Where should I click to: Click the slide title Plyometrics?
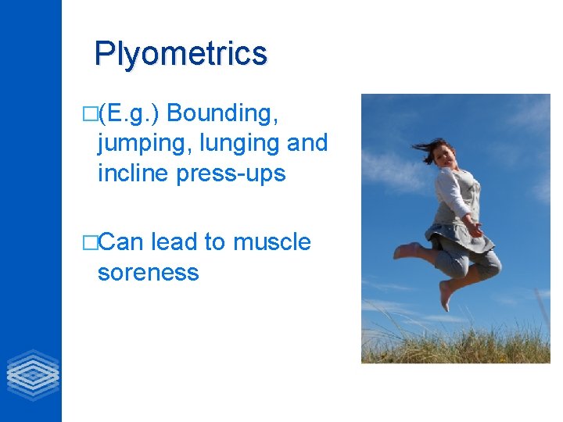(x=181, y=54)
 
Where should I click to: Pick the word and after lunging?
(x=310, y=143)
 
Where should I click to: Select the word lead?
(x=174, y=243)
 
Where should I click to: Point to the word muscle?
(x=274, y=243)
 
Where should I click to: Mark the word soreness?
(x=148, y=273)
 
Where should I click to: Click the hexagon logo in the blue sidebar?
(x=32, y=374)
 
